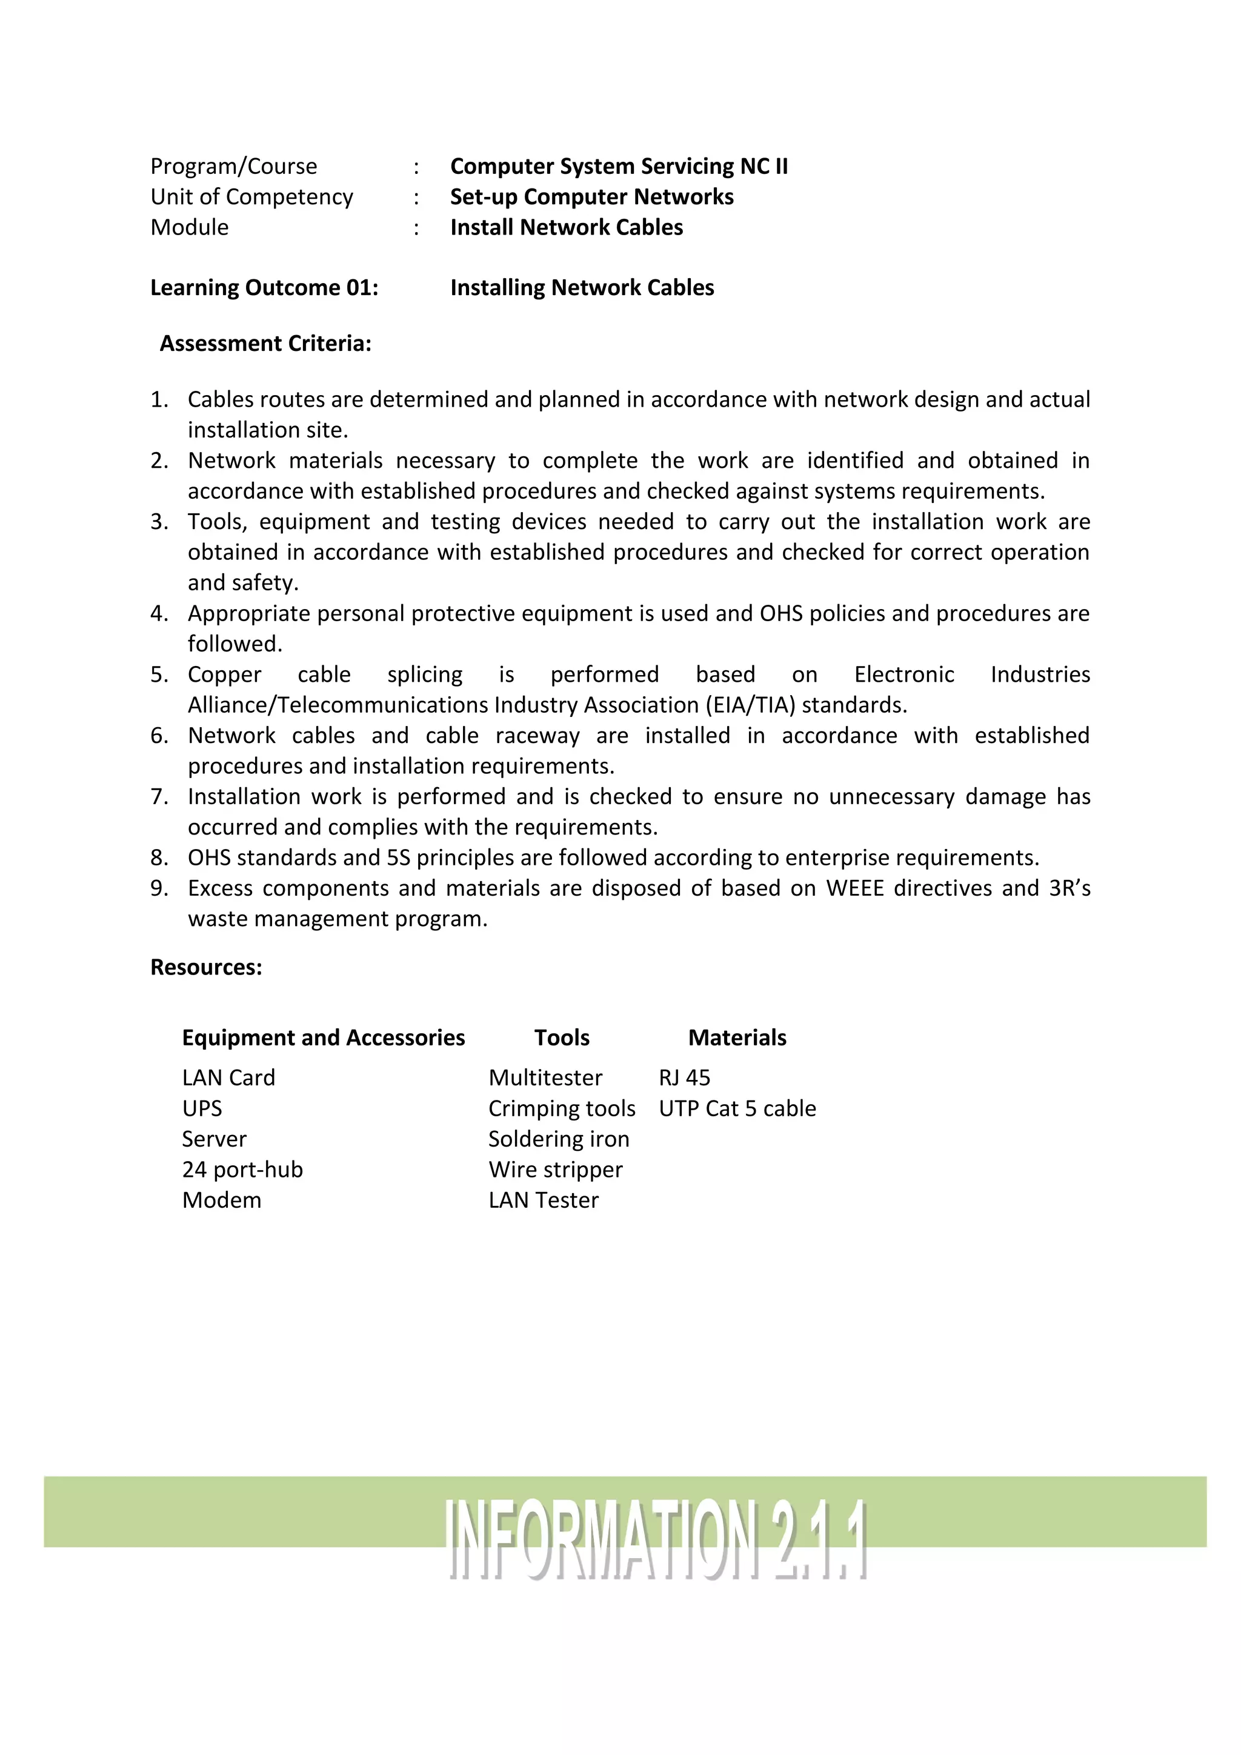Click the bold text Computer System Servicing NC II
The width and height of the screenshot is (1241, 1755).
point(618,166)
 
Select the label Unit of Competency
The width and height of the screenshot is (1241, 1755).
point(251,196)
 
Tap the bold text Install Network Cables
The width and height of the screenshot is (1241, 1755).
point(566,227)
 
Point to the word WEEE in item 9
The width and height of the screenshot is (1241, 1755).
point(855,888)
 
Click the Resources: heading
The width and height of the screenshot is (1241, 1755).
point(205,967)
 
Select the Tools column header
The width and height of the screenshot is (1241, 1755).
point(562,1037)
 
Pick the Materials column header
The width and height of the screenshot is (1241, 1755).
point(737,1037)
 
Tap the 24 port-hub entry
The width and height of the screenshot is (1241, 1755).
point(242,1170)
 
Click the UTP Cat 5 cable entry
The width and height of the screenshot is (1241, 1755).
point(737,1108)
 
